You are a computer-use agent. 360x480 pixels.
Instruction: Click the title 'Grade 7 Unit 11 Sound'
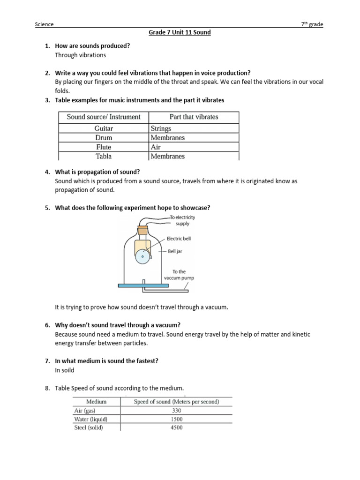180,32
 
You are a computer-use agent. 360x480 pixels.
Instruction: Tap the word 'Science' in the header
45,24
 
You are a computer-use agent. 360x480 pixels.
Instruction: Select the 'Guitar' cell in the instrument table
103,128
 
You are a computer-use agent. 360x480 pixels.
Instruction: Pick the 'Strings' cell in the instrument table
161,128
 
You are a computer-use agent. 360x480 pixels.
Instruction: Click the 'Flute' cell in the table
103,147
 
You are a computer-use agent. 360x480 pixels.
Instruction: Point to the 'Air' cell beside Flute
156,147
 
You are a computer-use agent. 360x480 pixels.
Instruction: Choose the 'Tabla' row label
103,156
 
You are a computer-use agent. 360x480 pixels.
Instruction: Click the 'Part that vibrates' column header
194,117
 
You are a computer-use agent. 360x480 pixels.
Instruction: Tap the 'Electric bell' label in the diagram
179,239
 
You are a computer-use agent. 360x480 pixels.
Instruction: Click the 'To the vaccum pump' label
179,275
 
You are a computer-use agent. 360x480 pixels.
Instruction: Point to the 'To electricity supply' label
182,220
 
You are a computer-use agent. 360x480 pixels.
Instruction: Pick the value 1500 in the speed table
176,419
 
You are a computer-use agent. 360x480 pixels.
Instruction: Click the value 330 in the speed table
176,410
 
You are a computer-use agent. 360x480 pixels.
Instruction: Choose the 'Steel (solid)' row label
89,427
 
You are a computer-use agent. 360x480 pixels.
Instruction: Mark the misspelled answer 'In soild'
65,370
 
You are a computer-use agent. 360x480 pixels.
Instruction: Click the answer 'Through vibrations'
81,55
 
